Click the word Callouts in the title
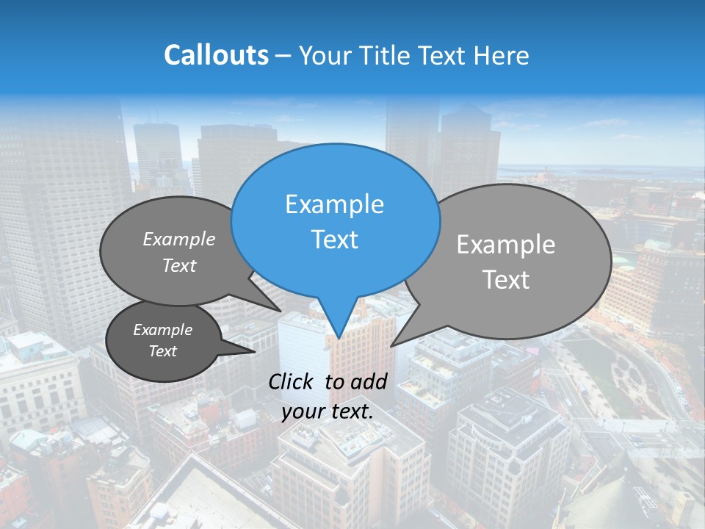pos(216,55)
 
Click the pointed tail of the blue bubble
pos(339,327)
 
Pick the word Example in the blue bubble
pos(334,204)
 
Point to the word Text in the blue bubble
pos(334,240)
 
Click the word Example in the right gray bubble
pos(506,245)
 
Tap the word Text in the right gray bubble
pos(506,280)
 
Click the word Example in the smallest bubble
pos(162,330)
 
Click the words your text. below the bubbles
pos(328,411)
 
